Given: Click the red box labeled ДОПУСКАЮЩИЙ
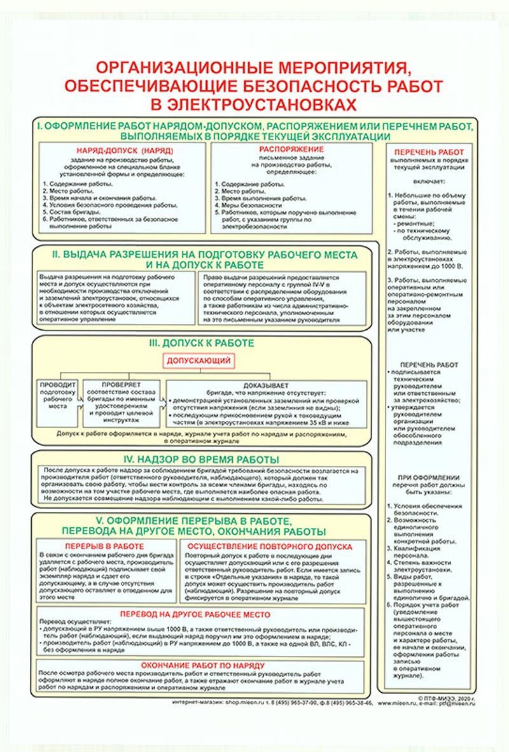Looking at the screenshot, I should point(198,360).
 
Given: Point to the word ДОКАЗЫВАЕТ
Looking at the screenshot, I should point(266,385).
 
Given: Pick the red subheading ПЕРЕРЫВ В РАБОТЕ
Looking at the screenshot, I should point(104,546).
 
